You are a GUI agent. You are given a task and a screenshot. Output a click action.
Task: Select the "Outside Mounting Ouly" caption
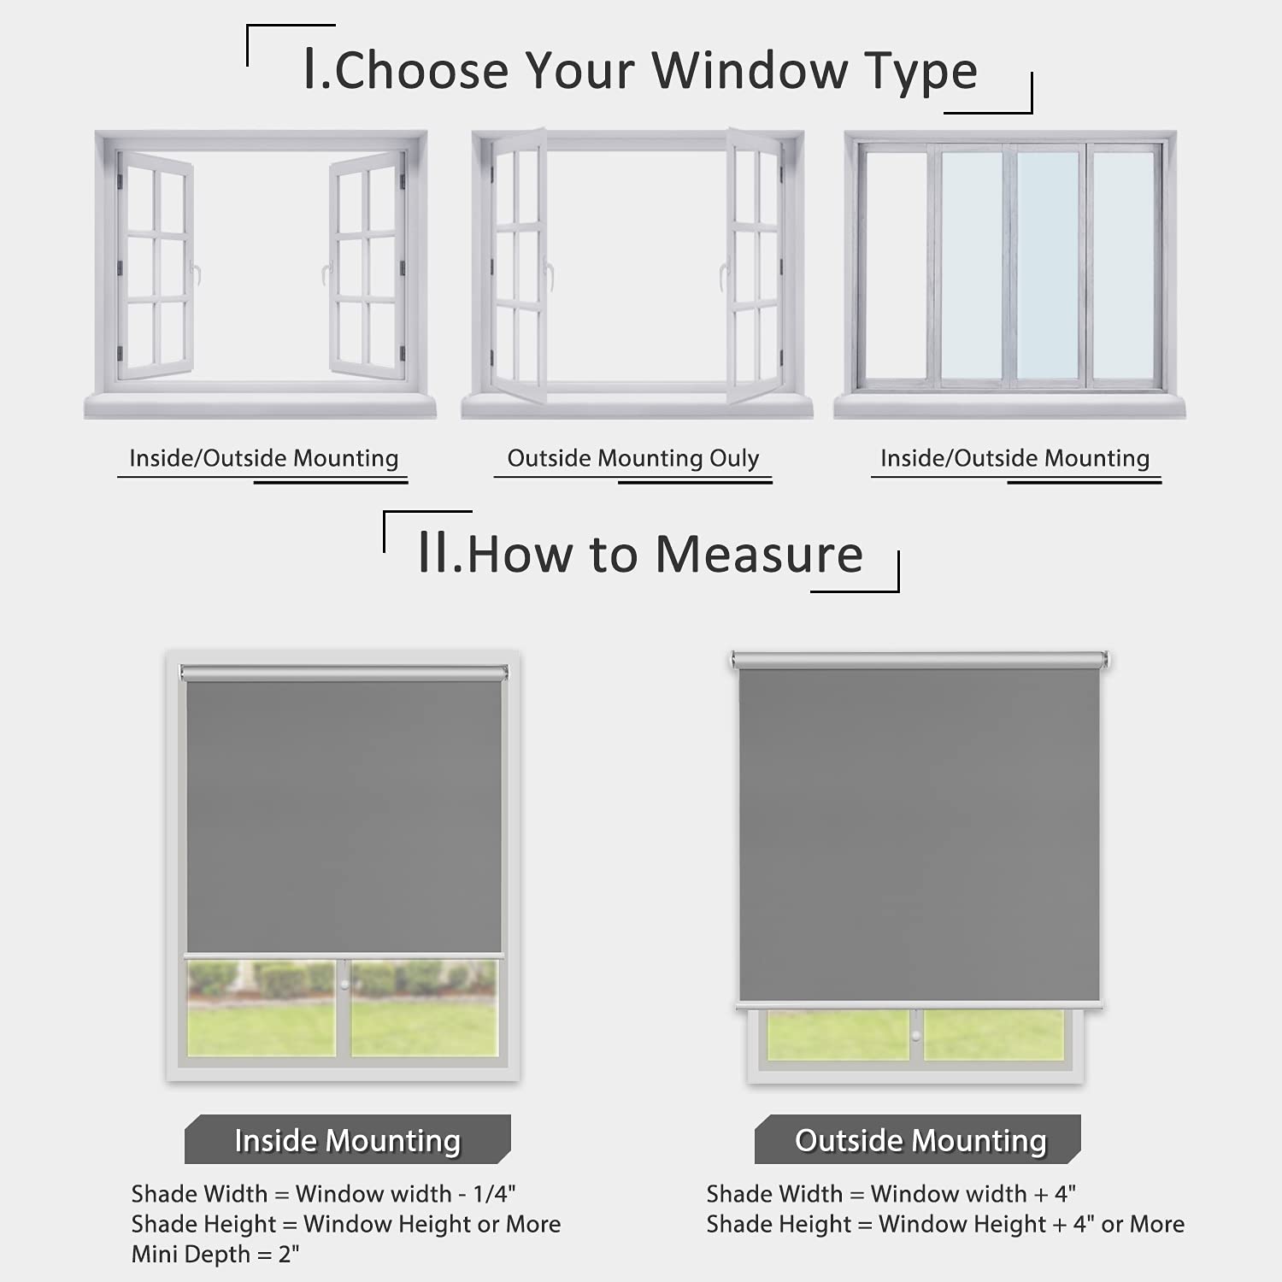(633, 458)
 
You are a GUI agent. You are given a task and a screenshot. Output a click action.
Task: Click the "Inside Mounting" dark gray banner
(348, 1139)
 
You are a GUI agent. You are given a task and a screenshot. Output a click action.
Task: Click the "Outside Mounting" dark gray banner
(918, 1139)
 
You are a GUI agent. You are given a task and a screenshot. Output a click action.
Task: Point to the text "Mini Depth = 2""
(215, 1255)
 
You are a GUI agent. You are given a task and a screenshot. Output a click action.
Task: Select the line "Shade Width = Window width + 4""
(891, 1193)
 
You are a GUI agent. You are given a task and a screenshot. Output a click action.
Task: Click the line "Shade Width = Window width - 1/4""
(323, 1193)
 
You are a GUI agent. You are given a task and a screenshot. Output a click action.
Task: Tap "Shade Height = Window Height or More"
(346, 1224)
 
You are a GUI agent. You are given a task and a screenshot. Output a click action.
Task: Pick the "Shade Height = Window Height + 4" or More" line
(945, 1224)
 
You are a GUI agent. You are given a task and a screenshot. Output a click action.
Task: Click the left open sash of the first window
(155, 265)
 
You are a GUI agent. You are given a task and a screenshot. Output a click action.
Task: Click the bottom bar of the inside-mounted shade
(344, 956)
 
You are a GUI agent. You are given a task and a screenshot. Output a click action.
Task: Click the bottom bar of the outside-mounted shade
(920, 1005)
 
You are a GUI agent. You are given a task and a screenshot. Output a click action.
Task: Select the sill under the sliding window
(1010, 406)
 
